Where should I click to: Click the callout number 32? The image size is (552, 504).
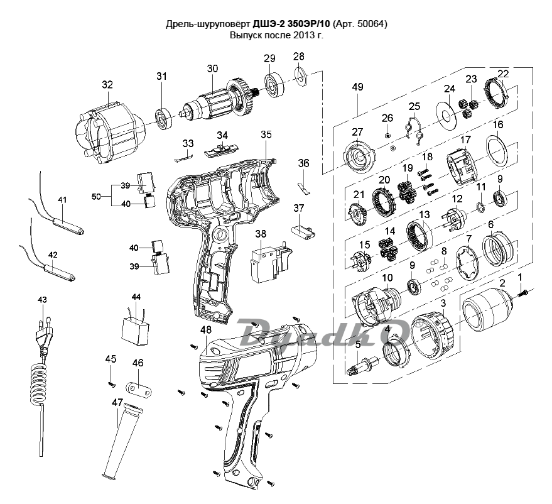(x=107, y=85)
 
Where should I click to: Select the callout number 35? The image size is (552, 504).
(x=266, y=134)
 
